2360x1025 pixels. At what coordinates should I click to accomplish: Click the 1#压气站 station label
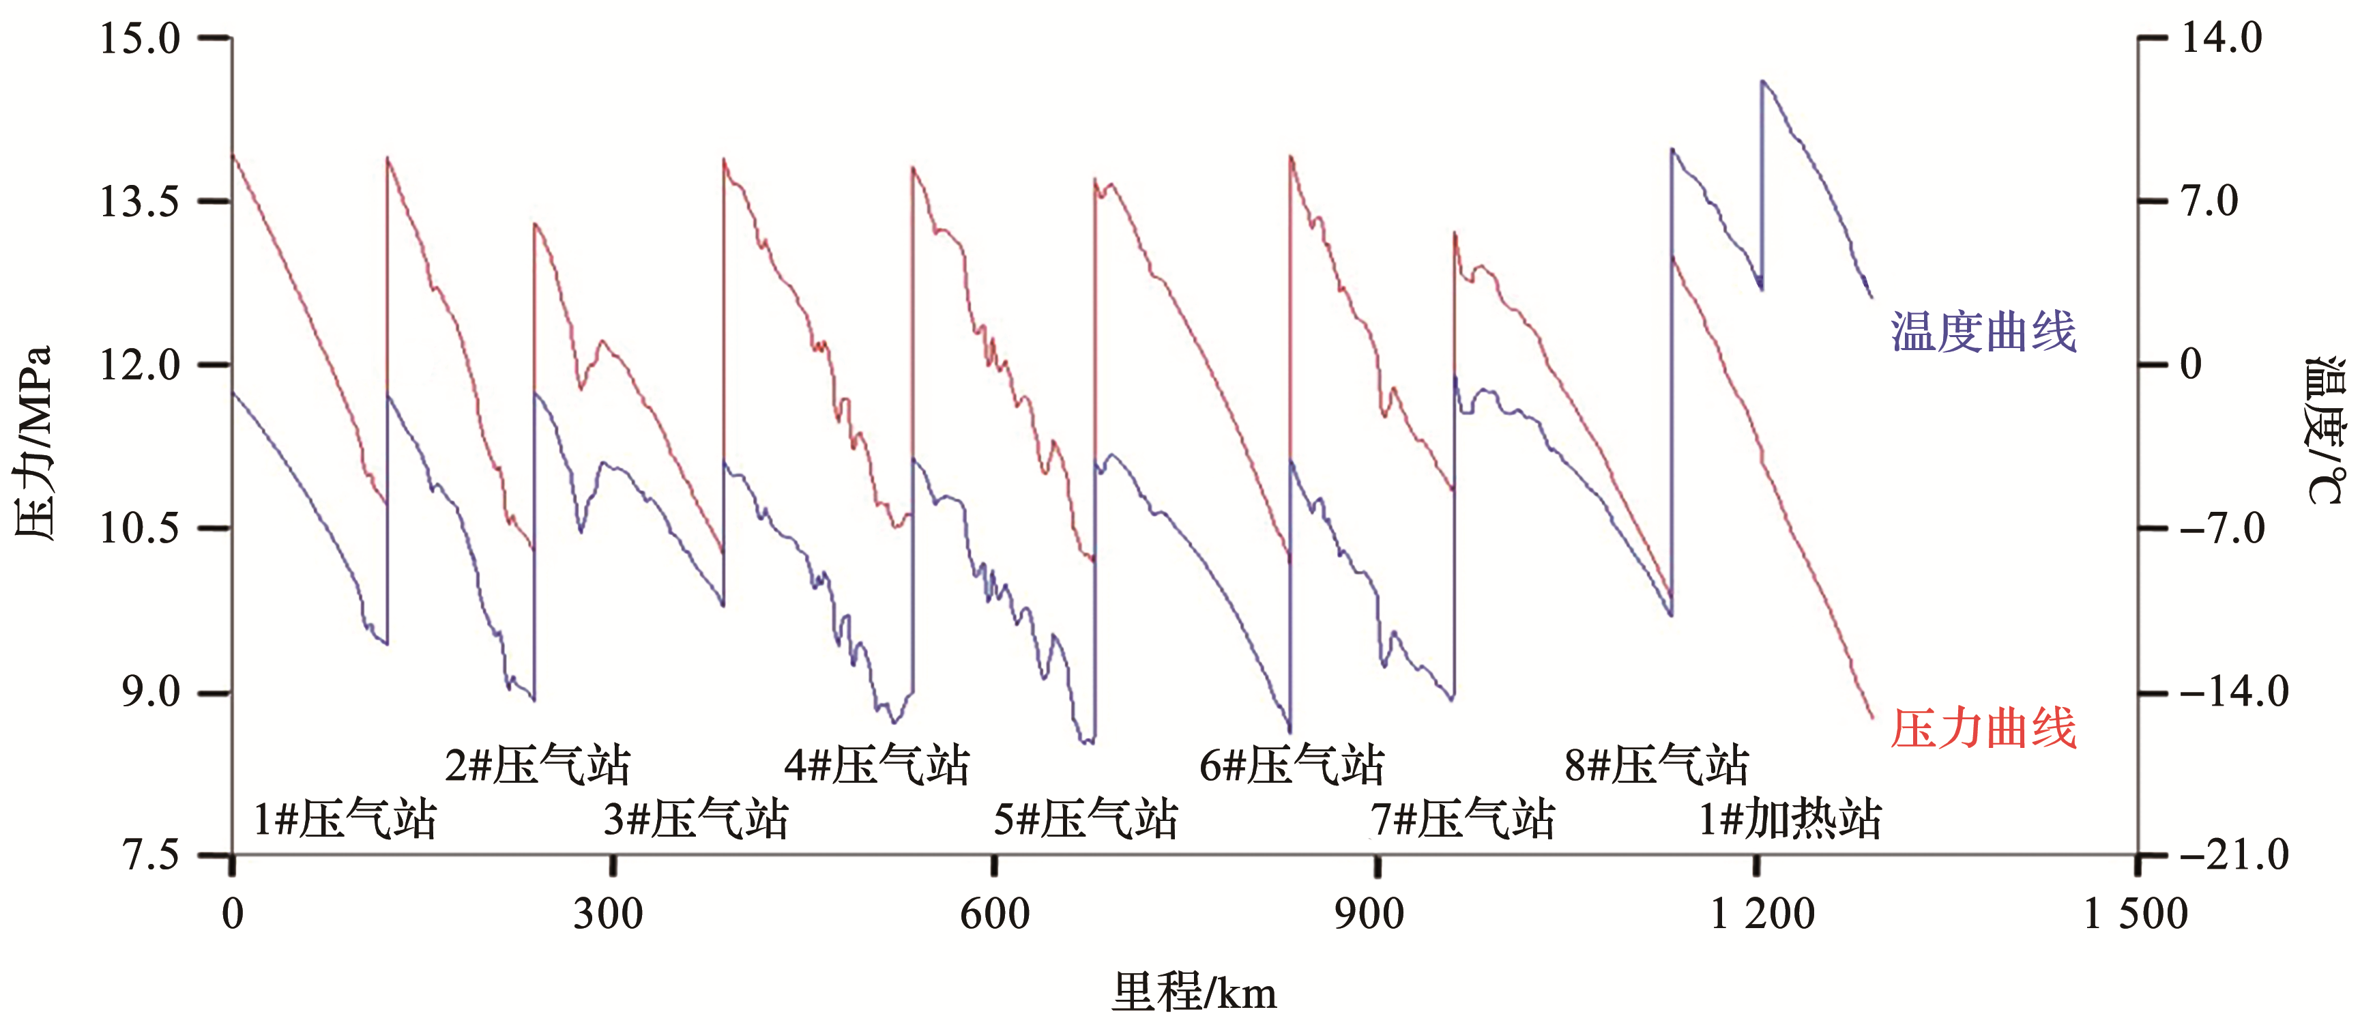pyautogui.click(x=345, y=818)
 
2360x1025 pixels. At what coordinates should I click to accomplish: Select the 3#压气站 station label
pyautogui.click(x=695, y=818)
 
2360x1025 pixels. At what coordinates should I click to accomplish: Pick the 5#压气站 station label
pyautogui.click(x=1086, y=818)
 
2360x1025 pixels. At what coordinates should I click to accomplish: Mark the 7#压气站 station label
pyautogui.click(x=1463, y=818)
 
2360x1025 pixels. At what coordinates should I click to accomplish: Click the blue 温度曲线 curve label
pyautogui.click(x=1983, y=332)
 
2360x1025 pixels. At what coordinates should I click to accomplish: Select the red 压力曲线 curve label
pyautogui.click(x=1983, y=729)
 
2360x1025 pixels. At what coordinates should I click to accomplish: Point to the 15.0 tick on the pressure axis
pyautogui.click(x=140, y=38)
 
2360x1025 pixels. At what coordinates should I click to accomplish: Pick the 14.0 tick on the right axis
pyautogui.click(x=2221, y=38)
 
